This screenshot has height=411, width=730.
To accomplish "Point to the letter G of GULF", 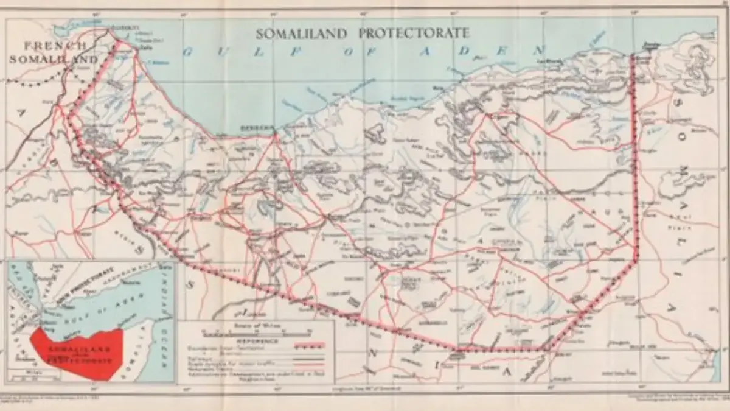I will point(187,52).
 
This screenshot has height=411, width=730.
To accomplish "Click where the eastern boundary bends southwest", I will point(636,262).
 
